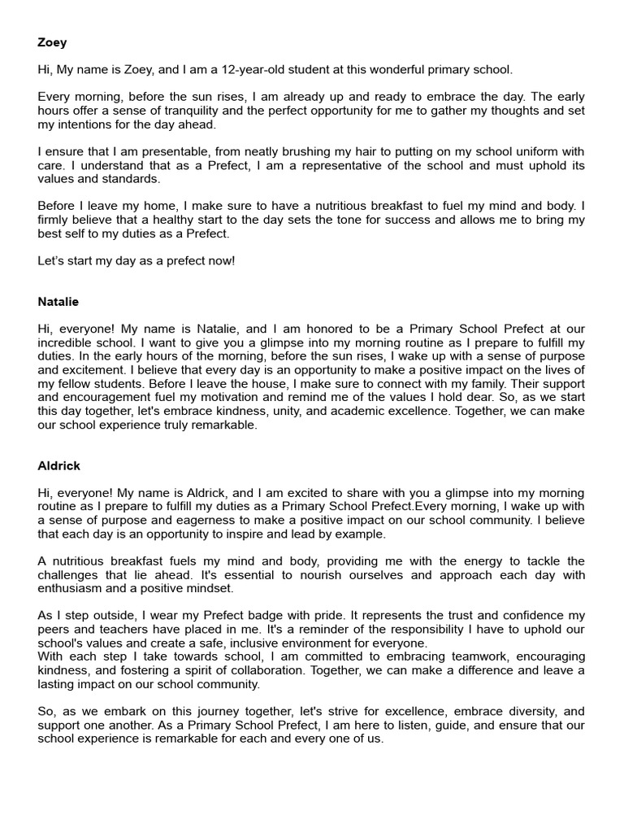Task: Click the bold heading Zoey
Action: pyautogui.click(x=52, y=43)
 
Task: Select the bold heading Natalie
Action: pyautogui.click(x=58, y=302)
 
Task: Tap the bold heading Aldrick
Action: pyautogui.click(x=58, y=466)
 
